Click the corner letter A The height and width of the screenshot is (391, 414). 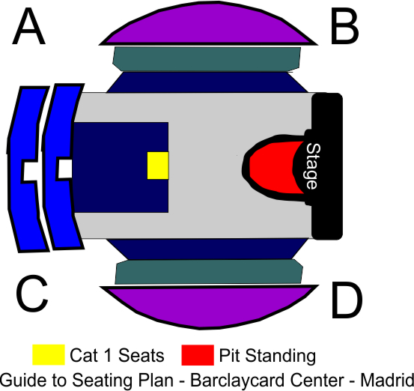(x=29, y=26)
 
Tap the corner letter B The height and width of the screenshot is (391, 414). (x=345, y=26)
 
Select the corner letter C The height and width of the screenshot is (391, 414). (x=32, y=294)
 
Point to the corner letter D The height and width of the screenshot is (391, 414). (x=347, y=300)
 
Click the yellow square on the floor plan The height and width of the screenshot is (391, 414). (x=158, y=166)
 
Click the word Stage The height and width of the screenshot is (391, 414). (x=313, y=166)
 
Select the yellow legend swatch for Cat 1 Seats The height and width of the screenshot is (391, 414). (x=49, y=355)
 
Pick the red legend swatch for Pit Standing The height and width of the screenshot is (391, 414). (x=198, y=355)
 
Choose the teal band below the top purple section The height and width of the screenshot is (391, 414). (x=207, y=59)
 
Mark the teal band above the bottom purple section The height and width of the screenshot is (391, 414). (x=209, y=272)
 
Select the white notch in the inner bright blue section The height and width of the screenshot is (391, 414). (x=65, y=169)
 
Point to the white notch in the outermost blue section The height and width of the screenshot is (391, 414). (x=30, y=171)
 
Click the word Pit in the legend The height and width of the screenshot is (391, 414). (x=230, y=355)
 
